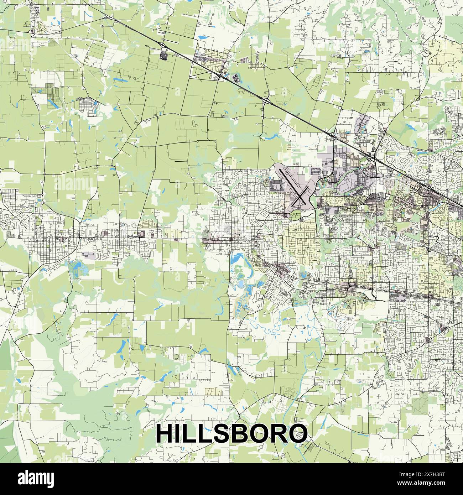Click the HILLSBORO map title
click(231, 433)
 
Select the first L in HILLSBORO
click(191, 433)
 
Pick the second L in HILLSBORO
click(206, 433)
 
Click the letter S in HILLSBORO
click(223, 433)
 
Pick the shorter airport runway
click(301, 196)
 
